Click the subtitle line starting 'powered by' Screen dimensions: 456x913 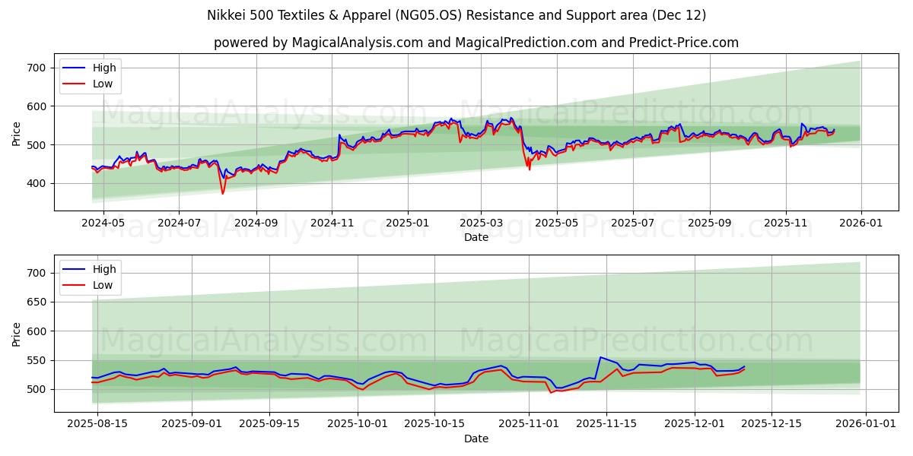[476, 43]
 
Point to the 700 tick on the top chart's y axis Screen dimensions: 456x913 [37, 68]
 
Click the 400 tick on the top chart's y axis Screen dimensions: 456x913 [37, 183]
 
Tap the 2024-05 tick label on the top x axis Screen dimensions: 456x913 [102, 223]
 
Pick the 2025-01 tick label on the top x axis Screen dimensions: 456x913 [408, 223]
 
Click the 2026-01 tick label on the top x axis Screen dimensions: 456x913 [861, 223]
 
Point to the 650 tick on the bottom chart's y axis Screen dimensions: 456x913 [37, 302]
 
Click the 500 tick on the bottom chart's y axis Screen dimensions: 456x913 [37, 389]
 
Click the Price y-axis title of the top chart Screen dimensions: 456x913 [17, 133]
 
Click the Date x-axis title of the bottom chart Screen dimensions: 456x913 [476, 439]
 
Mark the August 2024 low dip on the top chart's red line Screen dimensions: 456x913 [223, 193]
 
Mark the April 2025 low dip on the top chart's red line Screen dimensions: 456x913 [530, 169]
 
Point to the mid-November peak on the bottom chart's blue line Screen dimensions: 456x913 [600, 357]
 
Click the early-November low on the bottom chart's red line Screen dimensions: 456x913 [551, 392]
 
